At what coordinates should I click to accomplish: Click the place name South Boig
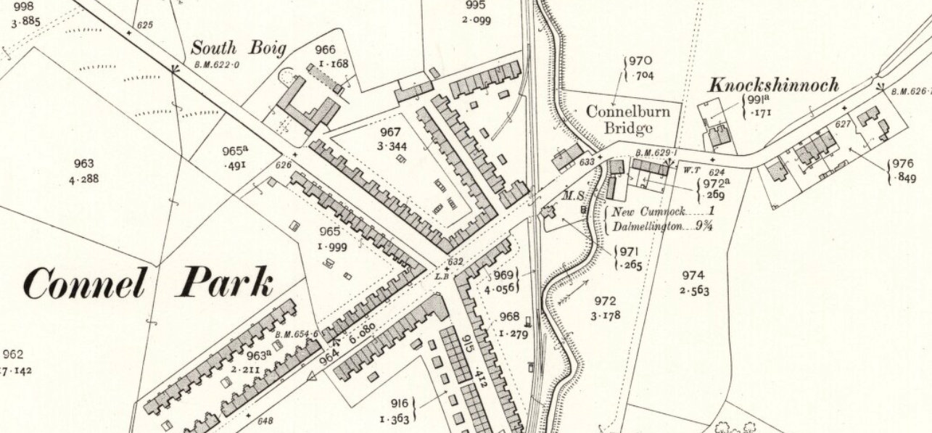pos(238,49)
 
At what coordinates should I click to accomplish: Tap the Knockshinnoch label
pos(774,85)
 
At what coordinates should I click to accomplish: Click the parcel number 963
pos(85,164)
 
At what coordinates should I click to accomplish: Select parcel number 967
pos(390,131)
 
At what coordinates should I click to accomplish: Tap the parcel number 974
pos(693,276)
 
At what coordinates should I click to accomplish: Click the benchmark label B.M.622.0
pos(217,65)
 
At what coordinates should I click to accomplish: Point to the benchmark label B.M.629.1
pos(656,153)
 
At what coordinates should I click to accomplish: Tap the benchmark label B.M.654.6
pos(297,334)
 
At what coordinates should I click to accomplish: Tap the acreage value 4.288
pos(85,178)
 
